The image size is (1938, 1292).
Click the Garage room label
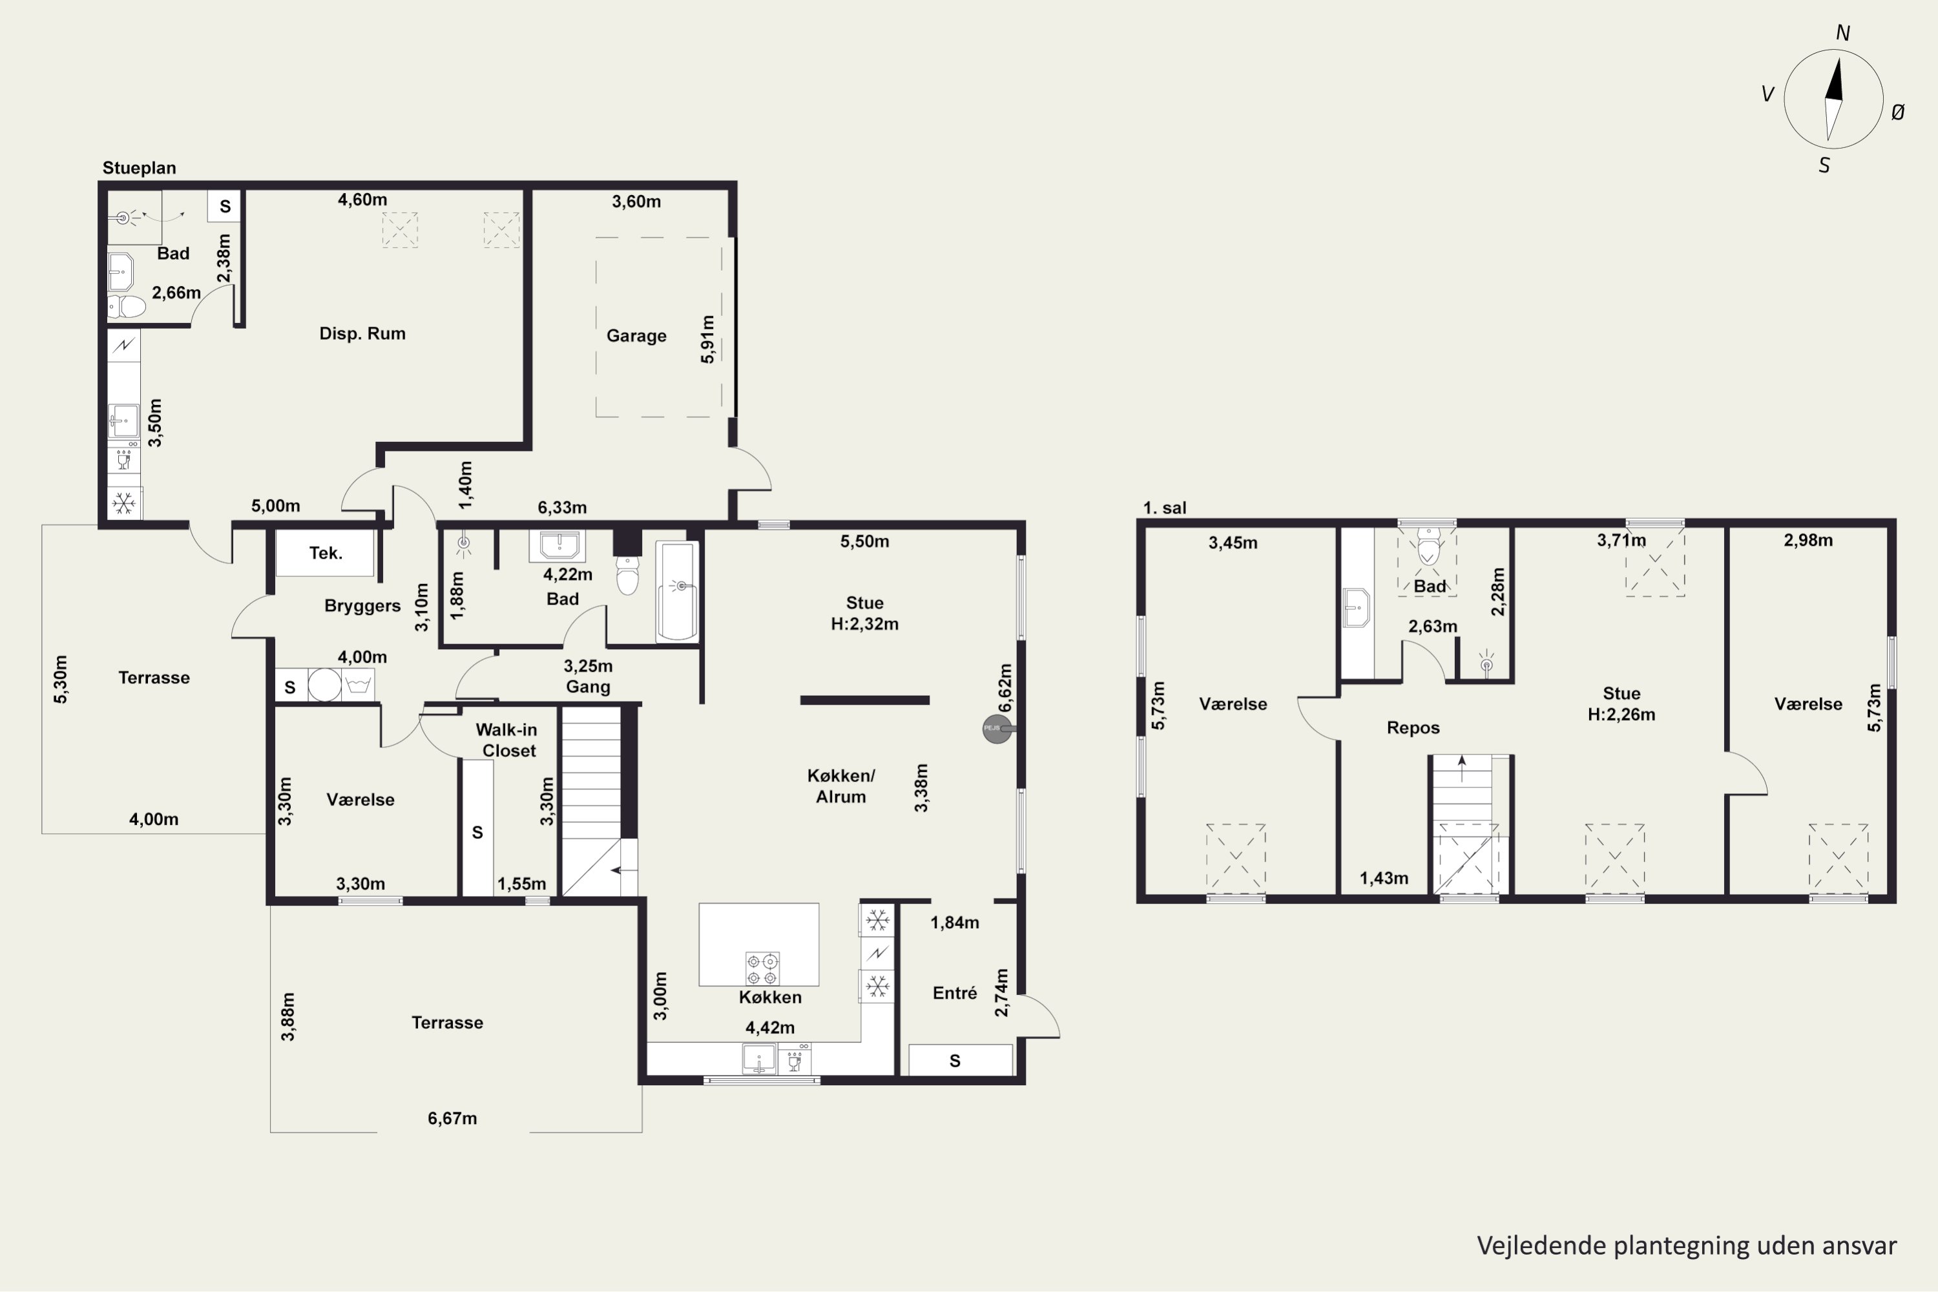(x=636, y=335)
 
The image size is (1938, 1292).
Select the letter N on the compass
(x=1843, y=33)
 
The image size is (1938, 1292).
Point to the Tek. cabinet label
(x=326, y=553)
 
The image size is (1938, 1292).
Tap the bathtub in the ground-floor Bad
(x=676, y=591)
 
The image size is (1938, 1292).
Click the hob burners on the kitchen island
(x=762, y=969)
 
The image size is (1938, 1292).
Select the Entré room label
(x=955, y=993)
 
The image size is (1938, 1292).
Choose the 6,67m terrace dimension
(x=452, y=1118)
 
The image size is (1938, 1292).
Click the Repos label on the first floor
(x=1413, y=727)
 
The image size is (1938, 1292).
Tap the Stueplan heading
(x=140, y=168)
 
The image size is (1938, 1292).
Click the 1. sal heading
(x=1165, y=508)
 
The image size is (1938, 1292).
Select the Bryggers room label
(x=362, y=607)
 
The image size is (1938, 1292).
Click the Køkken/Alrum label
(x=841, y=786)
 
